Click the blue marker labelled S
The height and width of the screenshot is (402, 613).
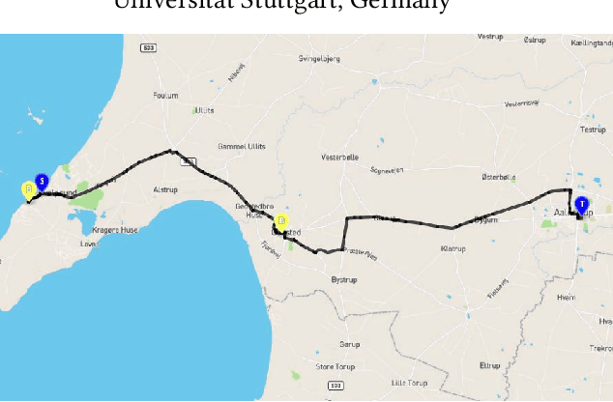(42, 182)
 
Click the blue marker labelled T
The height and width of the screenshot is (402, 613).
(581, 206)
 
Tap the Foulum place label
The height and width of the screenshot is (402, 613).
(165, 95)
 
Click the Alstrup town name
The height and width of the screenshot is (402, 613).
(165, 190)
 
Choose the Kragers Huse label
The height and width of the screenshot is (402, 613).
(115, 230)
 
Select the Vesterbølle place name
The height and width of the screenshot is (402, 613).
(339, 157)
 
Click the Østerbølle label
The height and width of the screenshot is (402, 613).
(498, 177)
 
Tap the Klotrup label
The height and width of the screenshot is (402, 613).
(452, 248)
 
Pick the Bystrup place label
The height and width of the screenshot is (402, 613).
(344, 279)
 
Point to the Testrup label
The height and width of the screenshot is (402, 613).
(591, 129)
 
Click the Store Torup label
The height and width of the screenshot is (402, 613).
(336, 366)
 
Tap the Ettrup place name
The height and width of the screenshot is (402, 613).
(489, 365)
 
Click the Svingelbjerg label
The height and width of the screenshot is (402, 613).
(319, 58)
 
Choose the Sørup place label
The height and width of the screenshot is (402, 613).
(349, 344)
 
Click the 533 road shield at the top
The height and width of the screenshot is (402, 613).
(148, 46)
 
